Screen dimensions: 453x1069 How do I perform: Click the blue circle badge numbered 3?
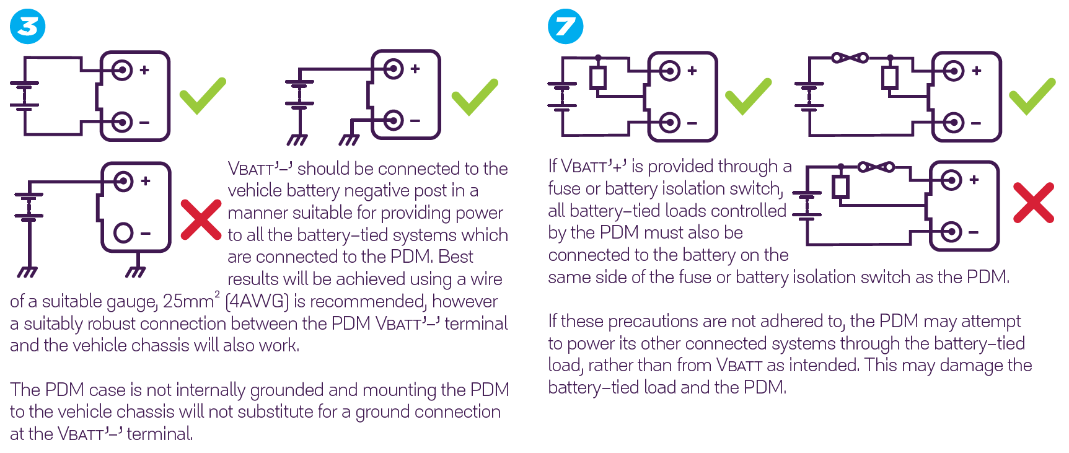click(x=28, y=27)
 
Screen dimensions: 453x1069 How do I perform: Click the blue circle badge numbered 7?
click(x=565, y=27)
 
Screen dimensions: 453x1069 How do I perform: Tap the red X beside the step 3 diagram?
click(x=201, y=219)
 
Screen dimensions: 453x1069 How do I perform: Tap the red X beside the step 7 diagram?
click(x=1033, y=203)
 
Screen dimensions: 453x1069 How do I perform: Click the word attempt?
click(x=990, y=321)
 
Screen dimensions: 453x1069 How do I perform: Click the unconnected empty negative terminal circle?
click(x=123, y=233)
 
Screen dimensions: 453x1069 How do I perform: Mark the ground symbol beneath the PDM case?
click(x=135, y=271)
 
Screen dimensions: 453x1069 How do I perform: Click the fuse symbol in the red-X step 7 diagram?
click(x=876, y=167)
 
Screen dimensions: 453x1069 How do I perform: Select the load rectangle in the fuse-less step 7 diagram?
click(x=597, y=78)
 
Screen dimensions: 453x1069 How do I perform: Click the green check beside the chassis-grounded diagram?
click(x=475, y=97)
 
